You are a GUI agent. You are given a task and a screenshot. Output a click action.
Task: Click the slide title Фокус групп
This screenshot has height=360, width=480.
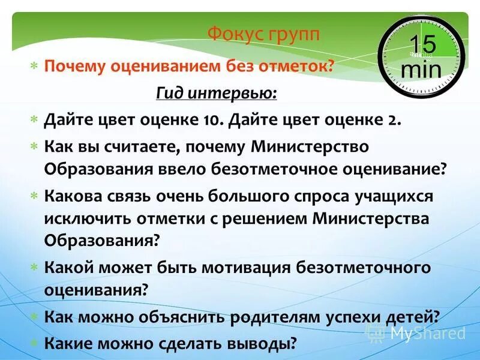tap(264, 34)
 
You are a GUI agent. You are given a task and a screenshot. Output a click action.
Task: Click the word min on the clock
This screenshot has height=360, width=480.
tap(421, 68)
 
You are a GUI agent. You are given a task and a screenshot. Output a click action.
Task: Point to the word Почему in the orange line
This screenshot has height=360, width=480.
tap(73, 66)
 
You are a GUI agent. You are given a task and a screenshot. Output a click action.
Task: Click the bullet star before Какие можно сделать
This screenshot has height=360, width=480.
tap(34, 344)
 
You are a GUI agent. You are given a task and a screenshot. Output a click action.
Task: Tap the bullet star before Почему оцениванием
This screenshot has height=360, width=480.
tap(34, 66)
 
